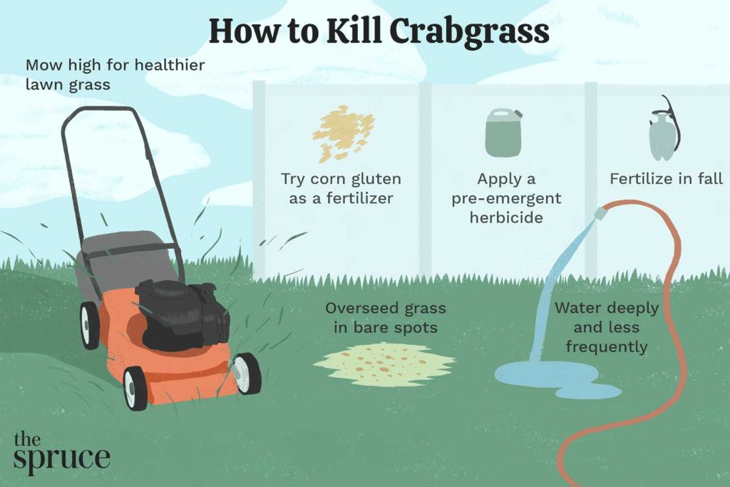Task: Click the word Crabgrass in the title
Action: click(469, 34)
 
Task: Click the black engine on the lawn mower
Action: click(182, 314)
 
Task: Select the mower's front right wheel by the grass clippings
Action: click(247, 374)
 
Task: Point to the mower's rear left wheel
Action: click(90, 325)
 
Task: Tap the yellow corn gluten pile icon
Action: click(344, 133)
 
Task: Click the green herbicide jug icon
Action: click(503, 132)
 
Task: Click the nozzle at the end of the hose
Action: click(601, 212)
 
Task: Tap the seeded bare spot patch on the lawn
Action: click(384, 364)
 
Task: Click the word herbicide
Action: click(506, 217)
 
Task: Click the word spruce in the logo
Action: click(61, 458)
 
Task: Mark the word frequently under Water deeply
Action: click(606, 347)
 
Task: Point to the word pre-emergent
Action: click(506, 199)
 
